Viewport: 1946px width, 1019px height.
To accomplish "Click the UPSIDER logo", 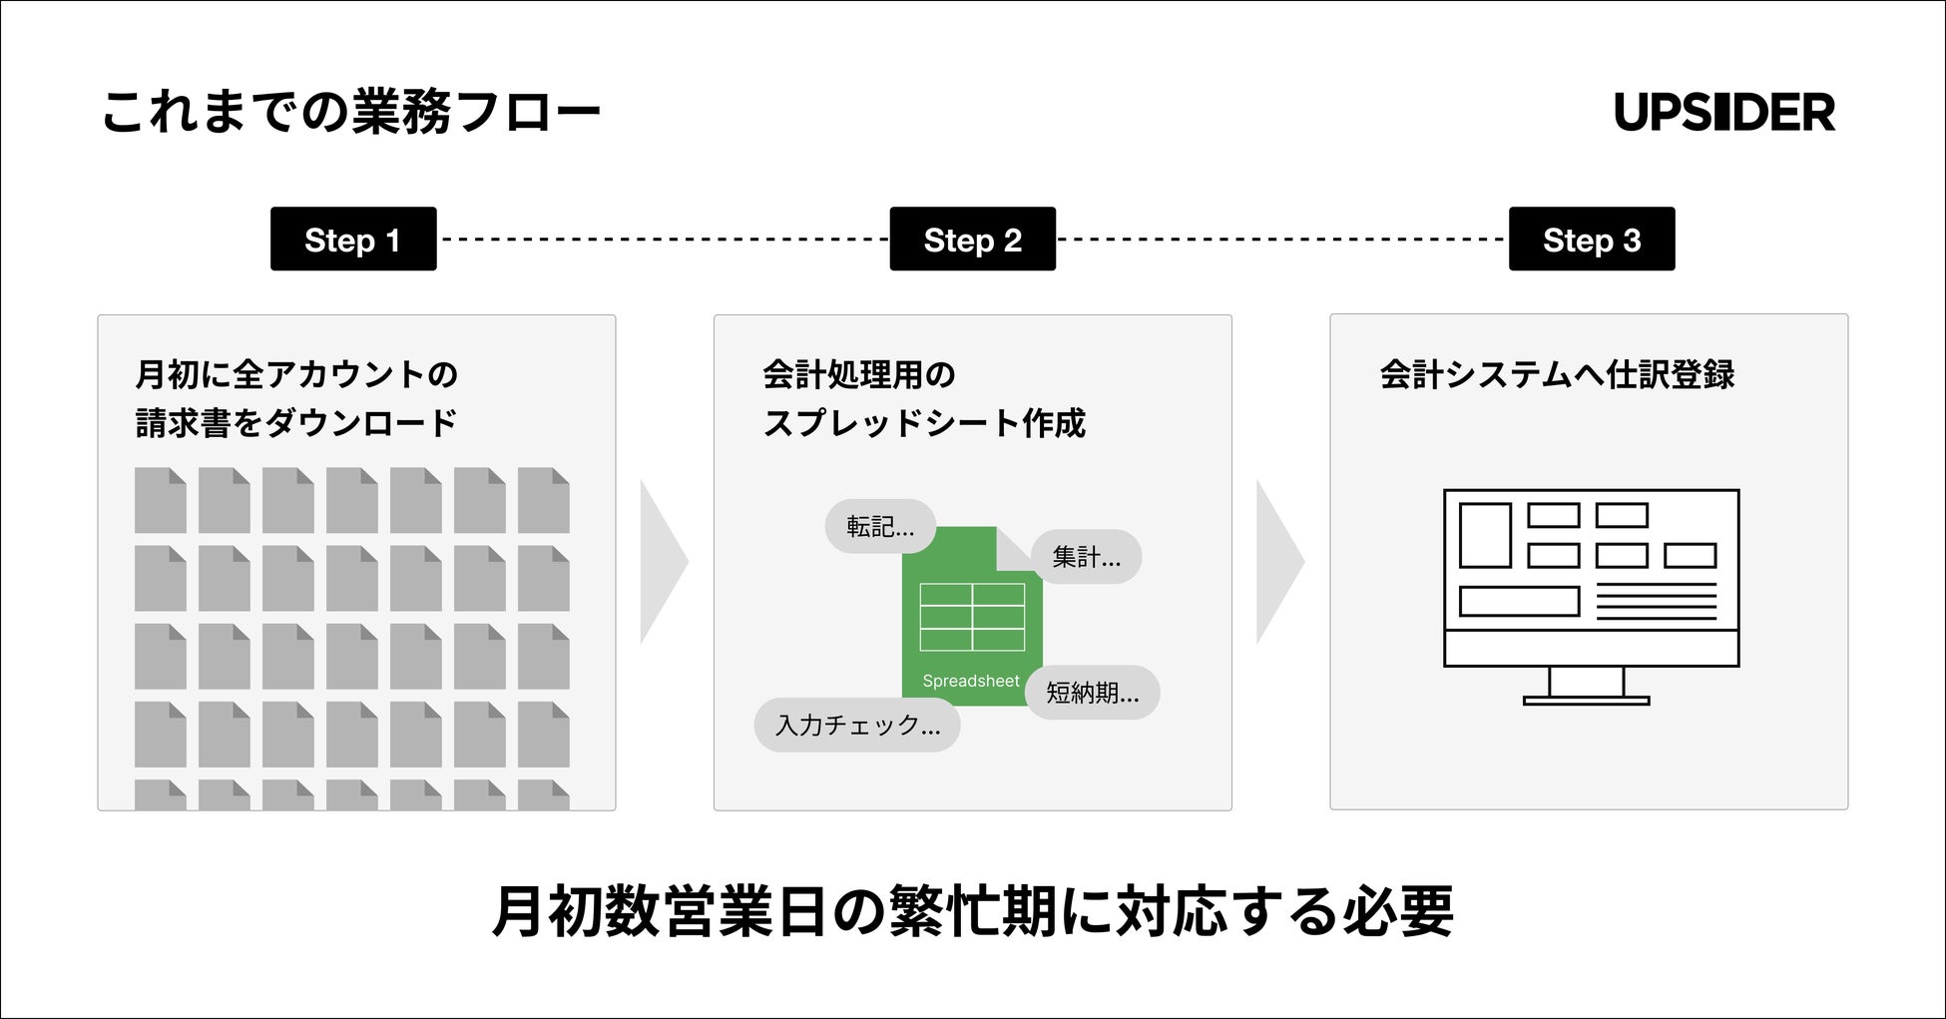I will (x=1723, y=112).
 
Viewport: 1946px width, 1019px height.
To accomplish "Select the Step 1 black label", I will (x=353, y=240).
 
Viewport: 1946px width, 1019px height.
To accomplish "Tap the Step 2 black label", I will (x=972, y=240).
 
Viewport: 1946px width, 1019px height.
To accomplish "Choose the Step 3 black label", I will (x=1592, y=240).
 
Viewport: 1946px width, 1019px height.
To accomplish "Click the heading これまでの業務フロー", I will (x=351, y=112).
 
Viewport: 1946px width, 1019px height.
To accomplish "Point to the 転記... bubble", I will (x=879, y=527).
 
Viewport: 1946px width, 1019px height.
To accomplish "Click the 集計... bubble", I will (x=1086, y=557).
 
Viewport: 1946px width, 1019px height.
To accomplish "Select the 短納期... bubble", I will (x=1092, y=693).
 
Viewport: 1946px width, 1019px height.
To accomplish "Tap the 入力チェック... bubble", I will (x=857, y=725).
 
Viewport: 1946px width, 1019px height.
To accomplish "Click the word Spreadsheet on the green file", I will (x=970, y=681).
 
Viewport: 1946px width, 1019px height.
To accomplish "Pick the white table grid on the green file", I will (x=972, y=617).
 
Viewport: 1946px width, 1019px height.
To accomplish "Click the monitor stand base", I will (x=1586, y=701).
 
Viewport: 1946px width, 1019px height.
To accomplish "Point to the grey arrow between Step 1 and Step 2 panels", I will (x=663, y=561).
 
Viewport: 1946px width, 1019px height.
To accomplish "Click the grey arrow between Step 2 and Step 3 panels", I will (x=1279, y=561).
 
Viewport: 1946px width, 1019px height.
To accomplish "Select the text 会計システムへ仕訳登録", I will (x=1557, y=375).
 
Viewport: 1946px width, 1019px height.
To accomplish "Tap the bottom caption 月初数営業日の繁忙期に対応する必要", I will (x=973, y=911).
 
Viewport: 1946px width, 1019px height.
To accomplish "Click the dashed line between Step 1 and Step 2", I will (x=663, y=240).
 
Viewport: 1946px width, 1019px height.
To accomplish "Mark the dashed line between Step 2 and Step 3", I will (x=1281, y=240).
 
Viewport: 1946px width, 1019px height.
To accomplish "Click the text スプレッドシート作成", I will (x=924, y=423).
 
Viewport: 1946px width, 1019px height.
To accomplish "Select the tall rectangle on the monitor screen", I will (x=1485, y=535).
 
